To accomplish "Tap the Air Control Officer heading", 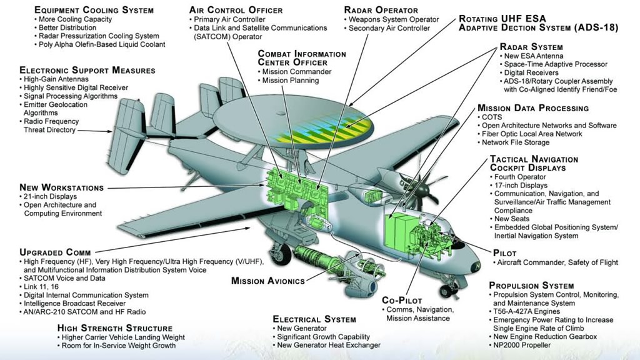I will (236, 10).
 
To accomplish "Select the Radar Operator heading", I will (381, 10).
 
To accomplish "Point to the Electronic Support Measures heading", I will (87, 70).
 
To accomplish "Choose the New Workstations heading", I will (61, 187).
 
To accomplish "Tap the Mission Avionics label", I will (268, 281).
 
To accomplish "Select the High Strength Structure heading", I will (114, 328).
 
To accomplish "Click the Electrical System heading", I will (314, 319).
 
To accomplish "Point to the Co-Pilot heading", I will (406, 300).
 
